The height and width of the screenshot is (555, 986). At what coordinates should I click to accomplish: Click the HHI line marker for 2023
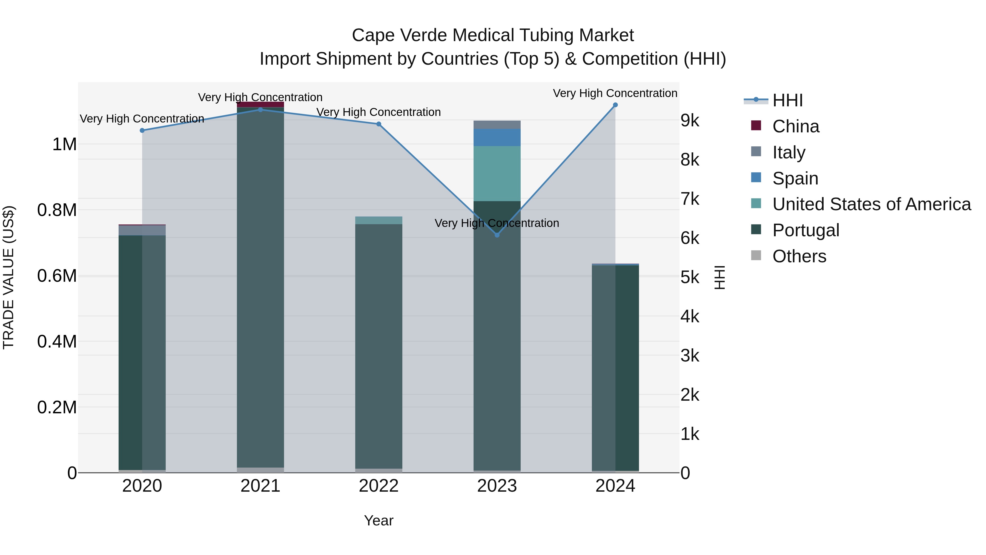(497, 235)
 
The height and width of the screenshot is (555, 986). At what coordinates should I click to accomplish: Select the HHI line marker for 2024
(615, 105)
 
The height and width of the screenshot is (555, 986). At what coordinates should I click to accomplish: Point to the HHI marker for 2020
(142, 130)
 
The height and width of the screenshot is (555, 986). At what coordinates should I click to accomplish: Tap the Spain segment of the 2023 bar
(497, 138)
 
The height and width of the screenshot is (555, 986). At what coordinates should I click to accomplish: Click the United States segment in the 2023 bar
(497, 173)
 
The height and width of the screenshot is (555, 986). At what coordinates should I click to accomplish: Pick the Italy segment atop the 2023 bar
(497, 125)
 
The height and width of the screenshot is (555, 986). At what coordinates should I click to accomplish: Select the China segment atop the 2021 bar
(260, 105)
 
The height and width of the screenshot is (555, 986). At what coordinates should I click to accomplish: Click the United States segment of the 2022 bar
(379, 220)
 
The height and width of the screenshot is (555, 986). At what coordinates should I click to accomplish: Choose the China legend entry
(795, 126)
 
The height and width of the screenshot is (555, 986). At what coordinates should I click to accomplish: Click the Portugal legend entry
(805, 230)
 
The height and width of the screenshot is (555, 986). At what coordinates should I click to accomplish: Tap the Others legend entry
(799, 256)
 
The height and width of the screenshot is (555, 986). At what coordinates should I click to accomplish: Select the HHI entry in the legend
(787, 100)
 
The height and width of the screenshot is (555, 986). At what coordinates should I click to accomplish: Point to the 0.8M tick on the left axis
(57, 210)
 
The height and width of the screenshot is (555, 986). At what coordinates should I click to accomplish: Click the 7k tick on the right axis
(690, 199)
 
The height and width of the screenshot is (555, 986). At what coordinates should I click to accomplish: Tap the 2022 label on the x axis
(379, 486)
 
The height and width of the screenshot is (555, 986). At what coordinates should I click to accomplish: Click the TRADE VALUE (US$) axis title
(8, 277)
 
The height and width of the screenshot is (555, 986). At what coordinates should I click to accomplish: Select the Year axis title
(379, 520)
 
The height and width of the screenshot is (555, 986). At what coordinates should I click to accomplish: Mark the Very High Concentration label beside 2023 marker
(497, 223)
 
